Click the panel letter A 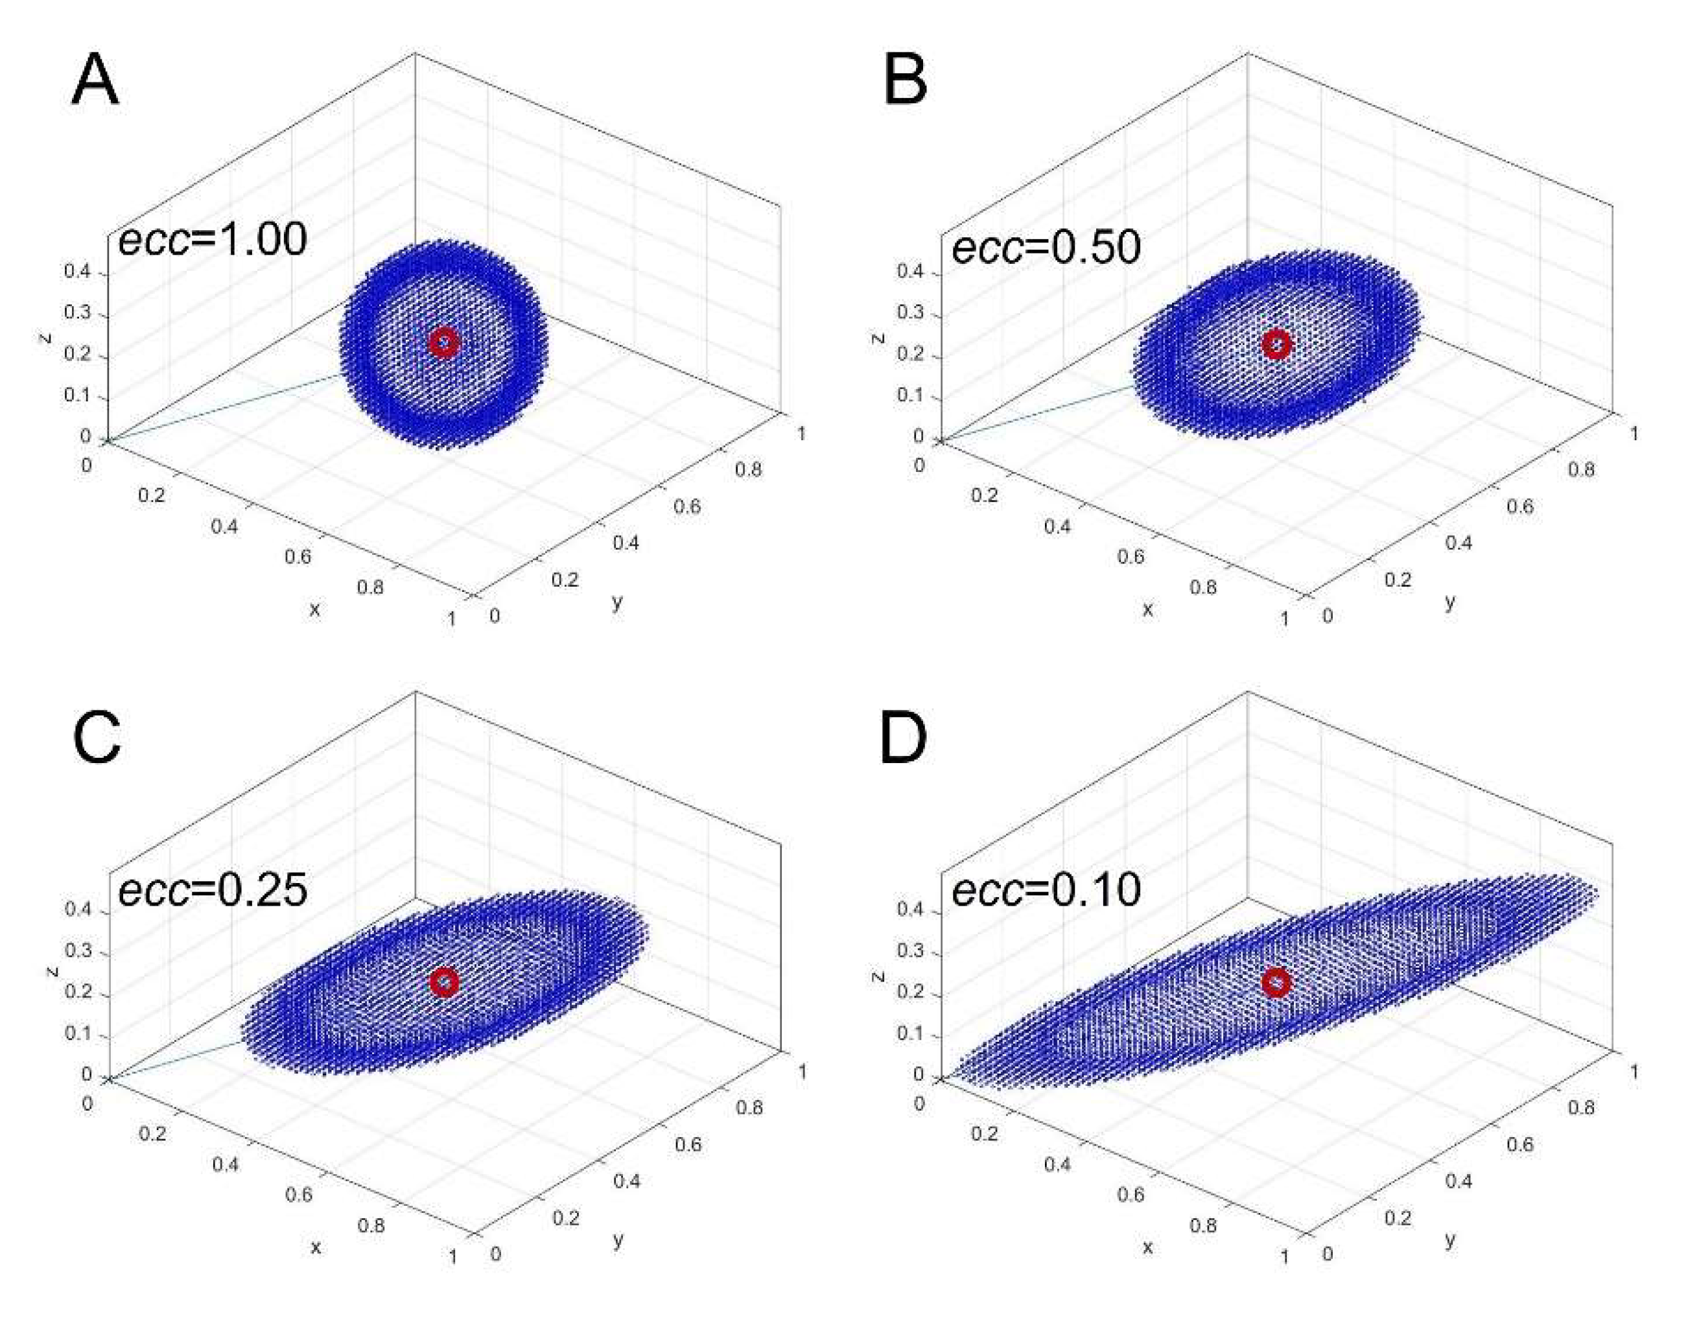tap(95, 80)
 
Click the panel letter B tap(904, 80)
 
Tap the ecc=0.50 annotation tap(1046, 248)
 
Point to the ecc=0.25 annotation tap(212, 889)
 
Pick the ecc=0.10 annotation tap(1046, 889)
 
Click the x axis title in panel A tap(314, 610)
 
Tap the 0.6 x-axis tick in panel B tap(1130, 556)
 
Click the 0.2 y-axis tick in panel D tap(1398, 1218)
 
